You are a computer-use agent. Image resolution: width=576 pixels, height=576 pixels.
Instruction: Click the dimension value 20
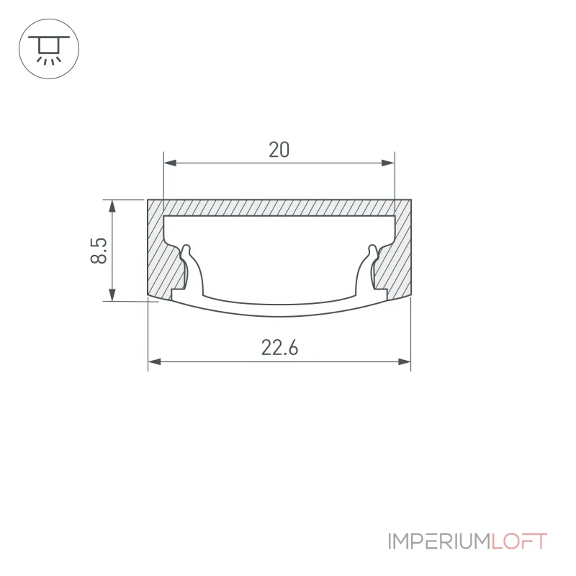point(279,150)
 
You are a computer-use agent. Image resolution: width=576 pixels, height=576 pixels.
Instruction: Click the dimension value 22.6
point(279,348)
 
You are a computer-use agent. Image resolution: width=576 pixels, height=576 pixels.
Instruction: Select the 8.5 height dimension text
point(99,251)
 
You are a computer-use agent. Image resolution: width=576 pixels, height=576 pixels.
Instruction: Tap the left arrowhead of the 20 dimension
point(170,163)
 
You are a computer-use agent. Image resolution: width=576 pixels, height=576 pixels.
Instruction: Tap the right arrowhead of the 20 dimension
point(388,163)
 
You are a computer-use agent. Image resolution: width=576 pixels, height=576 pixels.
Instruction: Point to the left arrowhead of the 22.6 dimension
point(154,362)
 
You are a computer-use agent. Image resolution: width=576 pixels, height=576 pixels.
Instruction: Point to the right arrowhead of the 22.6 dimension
point(405,362)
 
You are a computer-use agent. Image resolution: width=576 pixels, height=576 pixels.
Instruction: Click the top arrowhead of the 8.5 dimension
point(112,207)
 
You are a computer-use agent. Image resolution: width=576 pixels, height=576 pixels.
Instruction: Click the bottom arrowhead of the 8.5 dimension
point(112,294)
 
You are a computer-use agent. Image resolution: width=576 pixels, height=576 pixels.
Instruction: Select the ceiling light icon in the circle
point(49,49)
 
